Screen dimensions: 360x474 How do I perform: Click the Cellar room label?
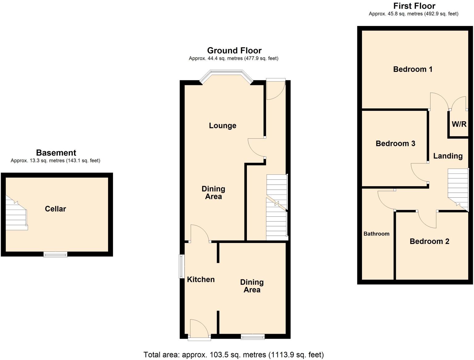tap(56, 209)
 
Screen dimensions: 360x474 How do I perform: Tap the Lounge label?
tap(222, 126)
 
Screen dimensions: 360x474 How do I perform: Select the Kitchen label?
tap(201, 279)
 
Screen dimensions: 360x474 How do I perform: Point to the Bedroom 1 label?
tap(413, 69)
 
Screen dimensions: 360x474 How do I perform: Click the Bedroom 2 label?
tap(429, 241)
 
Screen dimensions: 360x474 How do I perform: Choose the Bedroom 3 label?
tap(395, 144)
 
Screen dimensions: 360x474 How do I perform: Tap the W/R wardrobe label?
tap(459, 124)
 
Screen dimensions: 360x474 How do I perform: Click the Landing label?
tap(448, 156)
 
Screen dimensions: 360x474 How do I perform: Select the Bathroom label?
tap(376, 234)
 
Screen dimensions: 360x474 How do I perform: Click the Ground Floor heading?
tap(234, 51)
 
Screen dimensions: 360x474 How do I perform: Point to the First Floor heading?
tap(414, 6)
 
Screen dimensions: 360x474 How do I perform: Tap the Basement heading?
tap(56, 153)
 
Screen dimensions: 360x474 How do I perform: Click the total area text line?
tap(234, 355)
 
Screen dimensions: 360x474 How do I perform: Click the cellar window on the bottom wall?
tap(55, 254)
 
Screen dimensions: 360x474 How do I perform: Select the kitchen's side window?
tap(182, 266)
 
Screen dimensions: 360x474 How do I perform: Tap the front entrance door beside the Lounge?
tap(276, 90)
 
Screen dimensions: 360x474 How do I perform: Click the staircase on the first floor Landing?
tap(458, 188)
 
